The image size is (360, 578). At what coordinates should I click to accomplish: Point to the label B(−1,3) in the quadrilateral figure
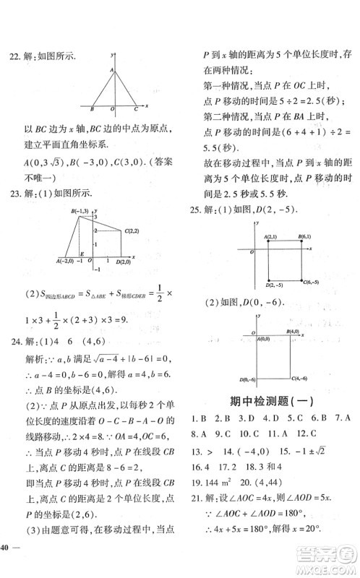81,210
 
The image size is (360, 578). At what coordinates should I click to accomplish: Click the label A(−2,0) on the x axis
67,262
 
